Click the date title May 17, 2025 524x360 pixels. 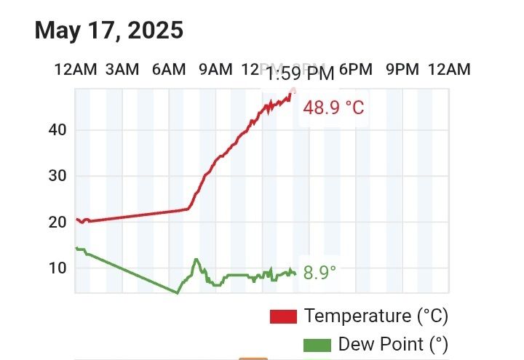pyautogui.click(x=109, y=31)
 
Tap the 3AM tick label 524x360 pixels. pyautogui.click(x=122, y=70)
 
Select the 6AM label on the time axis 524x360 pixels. pyautogui.click(x=169, y=70)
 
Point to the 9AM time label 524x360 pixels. pyautogui.click(x=215, y=70)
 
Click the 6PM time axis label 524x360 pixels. pyautogui.click(x=356, y=70)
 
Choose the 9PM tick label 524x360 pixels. pyautogui.click(x=402, y=70)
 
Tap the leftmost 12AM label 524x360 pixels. pyautogui.click(x=76, y=70)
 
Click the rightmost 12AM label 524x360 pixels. pyautogui.click(x=449, y=70)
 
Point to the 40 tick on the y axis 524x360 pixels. pyautogui.click(x=57, y=130)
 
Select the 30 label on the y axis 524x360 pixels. pyautogui.click(x=57, y=176)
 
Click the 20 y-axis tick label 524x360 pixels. pyautogui.click(x=57, y=222)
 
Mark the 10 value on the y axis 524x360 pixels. pyautogui.click(x=57, y=268)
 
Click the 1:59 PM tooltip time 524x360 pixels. pyautogui.click(x=299, y=74)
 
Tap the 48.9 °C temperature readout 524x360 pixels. pyautogui.click(x=333, y=108)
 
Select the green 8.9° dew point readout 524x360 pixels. pyautogui.click(x=319, y=273)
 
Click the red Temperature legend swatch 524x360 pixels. pyautogui.click(x=283, y=316)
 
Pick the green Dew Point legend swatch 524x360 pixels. pyautogui.click(x=317, y=344)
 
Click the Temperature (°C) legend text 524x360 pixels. pyautogui.click(x=376, y=316)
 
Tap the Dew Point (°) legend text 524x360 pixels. pyautogui.click(x=393, y=344)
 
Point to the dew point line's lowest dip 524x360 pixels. pyautogui.click(x=177, y=292)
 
